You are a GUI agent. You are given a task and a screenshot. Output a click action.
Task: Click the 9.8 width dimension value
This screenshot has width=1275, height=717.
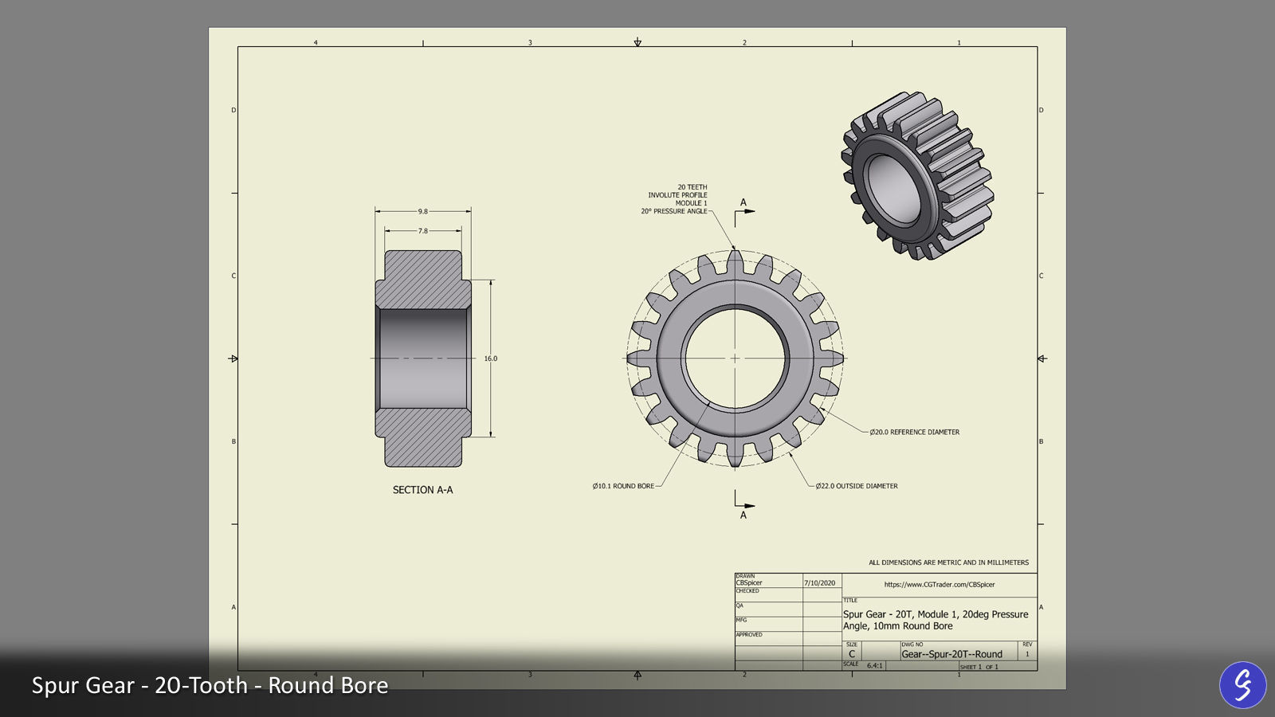click(422, 211)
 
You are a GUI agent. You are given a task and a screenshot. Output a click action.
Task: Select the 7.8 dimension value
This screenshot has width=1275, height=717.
click(422, 231)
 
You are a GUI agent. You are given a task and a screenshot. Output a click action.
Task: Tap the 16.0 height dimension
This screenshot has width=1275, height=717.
click(490, 358)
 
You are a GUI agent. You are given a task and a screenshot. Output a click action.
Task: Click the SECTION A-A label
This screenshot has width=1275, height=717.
click(422, 490)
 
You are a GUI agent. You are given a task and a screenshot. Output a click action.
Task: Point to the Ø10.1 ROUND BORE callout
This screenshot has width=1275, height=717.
click(623, 486)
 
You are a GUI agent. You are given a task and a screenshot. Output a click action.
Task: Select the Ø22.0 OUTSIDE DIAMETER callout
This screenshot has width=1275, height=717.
click(857, 486)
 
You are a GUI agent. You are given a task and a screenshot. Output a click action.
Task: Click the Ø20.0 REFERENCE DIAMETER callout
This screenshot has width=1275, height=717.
click(914, 432)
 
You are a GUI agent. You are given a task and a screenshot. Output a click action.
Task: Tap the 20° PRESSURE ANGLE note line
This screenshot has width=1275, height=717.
click(673, 211)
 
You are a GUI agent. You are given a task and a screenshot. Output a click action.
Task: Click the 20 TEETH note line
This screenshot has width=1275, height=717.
click(692, 187)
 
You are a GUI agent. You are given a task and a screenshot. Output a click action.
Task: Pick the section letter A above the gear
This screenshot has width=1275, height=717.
click(743, 202)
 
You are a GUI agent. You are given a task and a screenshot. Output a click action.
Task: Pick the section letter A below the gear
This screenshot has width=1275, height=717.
click(743, 515)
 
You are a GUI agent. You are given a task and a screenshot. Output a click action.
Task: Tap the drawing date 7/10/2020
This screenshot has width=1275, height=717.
click(819, 583)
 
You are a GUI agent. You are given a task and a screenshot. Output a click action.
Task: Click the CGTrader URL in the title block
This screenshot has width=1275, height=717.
click(940, 585)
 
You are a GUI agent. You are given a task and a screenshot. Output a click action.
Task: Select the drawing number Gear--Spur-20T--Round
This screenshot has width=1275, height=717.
click(951, 654)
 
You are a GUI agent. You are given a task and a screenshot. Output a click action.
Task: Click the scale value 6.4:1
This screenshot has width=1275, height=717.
click(874, 665)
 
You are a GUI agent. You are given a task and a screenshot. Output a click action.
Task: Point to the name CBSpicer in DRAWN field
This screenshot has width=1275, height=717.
click(749, 583)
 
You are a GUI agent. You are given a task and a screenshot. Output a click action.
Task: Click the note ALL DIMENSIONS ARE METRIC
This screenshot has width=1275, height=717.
click(948, 562)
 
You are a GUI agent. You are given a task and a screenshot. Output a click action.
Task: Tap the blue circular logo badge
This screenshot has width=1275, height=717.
click(1242, 684)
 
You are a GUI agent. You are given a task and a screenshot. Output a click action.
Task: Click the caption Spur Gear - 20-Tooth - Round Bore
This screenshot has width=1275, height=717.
click(210, 685)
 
